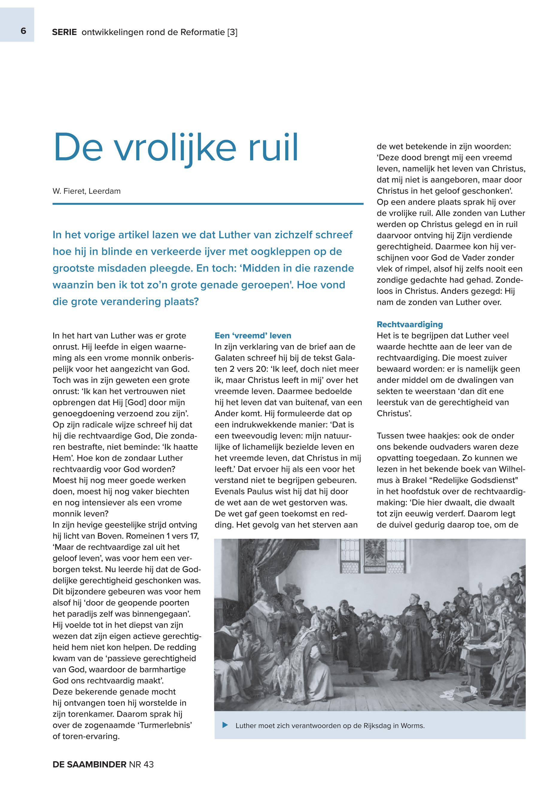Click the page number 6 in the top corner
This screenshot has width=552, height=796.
coord(23,31)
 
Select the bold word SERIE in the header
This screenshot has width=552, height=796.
coord(64,33)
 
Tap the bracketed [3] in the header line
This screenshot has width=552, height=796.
coord(232,33)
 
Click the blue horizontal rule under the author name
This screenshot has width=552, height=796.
coord(208,204)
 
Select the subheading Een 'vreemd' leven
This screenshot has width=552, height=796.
coord(253,335)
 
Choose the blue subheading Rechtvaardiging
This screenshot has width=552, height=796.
coord(410,324)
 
